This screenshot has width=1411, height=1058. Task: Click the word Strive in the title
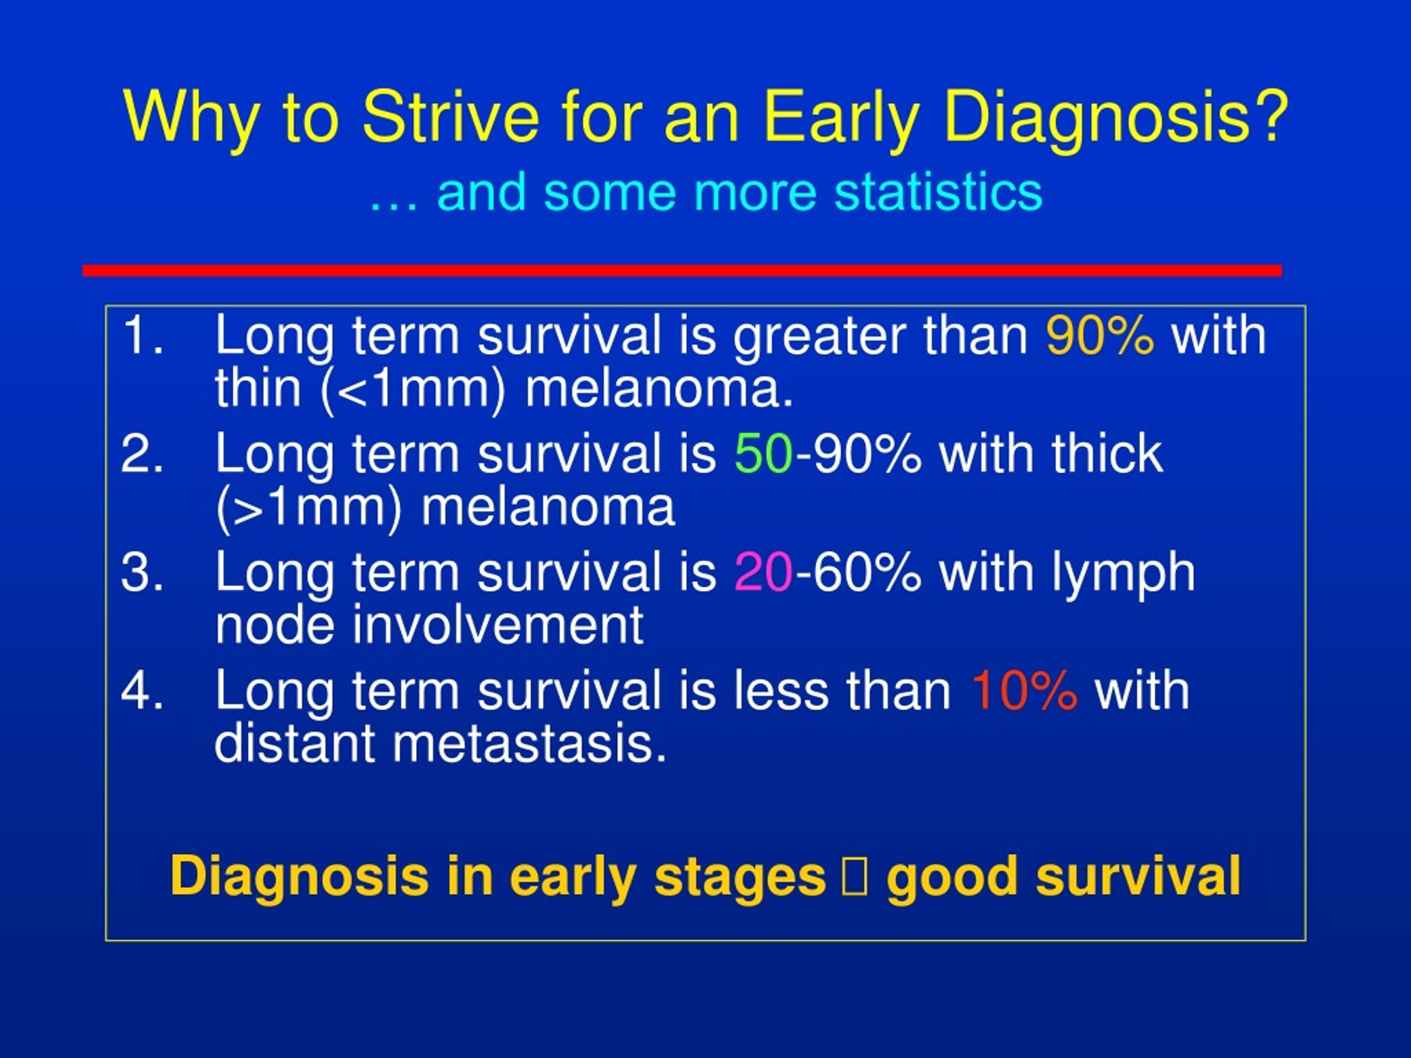click(x=450, y=116)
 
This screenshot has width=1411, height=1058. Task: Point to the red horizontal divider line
click(x=682, y=271)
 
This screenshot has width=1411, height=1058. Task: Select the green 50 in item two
click(x=763, y=453)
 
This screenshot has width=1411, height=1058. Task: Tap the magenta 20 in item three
click(x=763, y=571)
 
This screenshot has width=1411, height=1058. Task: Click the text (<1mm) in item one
click(x=414, y=389)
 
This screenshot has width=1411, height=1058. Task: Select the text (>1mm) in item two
click(x=309, y=508)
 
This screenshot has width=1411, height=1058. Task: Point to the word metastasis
click(x=530, y=743)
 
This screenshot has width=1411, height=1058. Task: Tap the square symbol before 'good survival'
click(x=855, y=876)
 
